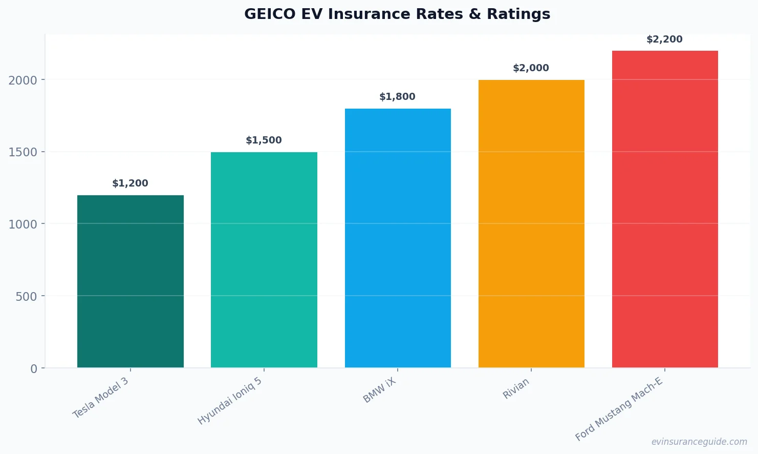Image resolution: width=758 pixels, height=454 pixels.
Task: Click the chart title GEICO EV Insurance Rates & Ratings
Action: (x=397, y=14)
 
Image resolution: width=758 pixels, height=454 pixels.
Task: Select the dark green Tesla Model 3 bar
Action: (x=130, y=281)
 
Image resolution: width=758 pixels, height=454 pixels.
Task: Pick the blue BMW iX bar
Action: (x=398, y=238)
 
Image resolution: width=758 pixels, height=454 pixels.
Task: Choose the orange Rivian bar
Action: (x=531, y=223)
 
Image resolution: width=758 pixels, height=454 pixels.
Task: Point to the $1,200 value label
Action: (x=130, y=183)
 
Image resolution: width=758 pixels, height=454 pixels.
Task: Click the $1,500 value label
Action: (x=264, y=140)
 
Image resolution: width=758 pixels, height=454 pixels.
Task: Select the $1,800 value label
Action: (x=397, y=97)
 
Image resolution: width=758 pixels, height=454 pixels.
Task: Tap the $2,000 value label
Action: (x=531, y=68)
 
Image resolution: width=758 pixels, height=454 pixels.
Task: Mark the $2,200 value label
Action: (x=664, y=39)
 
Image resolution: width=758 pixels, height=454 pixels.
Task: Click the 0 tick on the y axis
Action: (x=34, y=369)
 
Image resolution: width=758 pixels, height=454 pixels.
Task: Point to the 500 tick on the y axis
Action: (x=26, y=297)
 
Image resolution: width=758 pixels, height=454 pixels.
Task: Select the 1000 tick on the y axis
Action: (x=23, y=224)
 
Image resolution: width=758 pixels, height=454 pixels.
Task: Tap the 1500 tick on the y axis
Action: (x=23, y=152)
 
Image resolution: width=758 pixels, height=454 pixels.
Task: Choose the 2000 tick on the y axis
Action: (x=23, y=80)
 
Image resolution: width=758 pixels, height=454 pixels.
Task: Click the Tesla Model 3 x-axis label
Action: (x=101, y=398)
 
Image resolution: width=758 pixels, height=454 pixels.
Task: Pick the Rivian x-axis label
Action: (x=516, y=389)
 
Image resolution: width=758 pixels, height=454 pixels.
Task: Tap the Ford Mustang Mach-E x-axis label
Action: (x=619, y=409)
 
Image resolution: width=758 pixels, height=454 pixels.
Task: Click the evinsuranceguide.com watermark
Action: (x=699, y=442)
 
